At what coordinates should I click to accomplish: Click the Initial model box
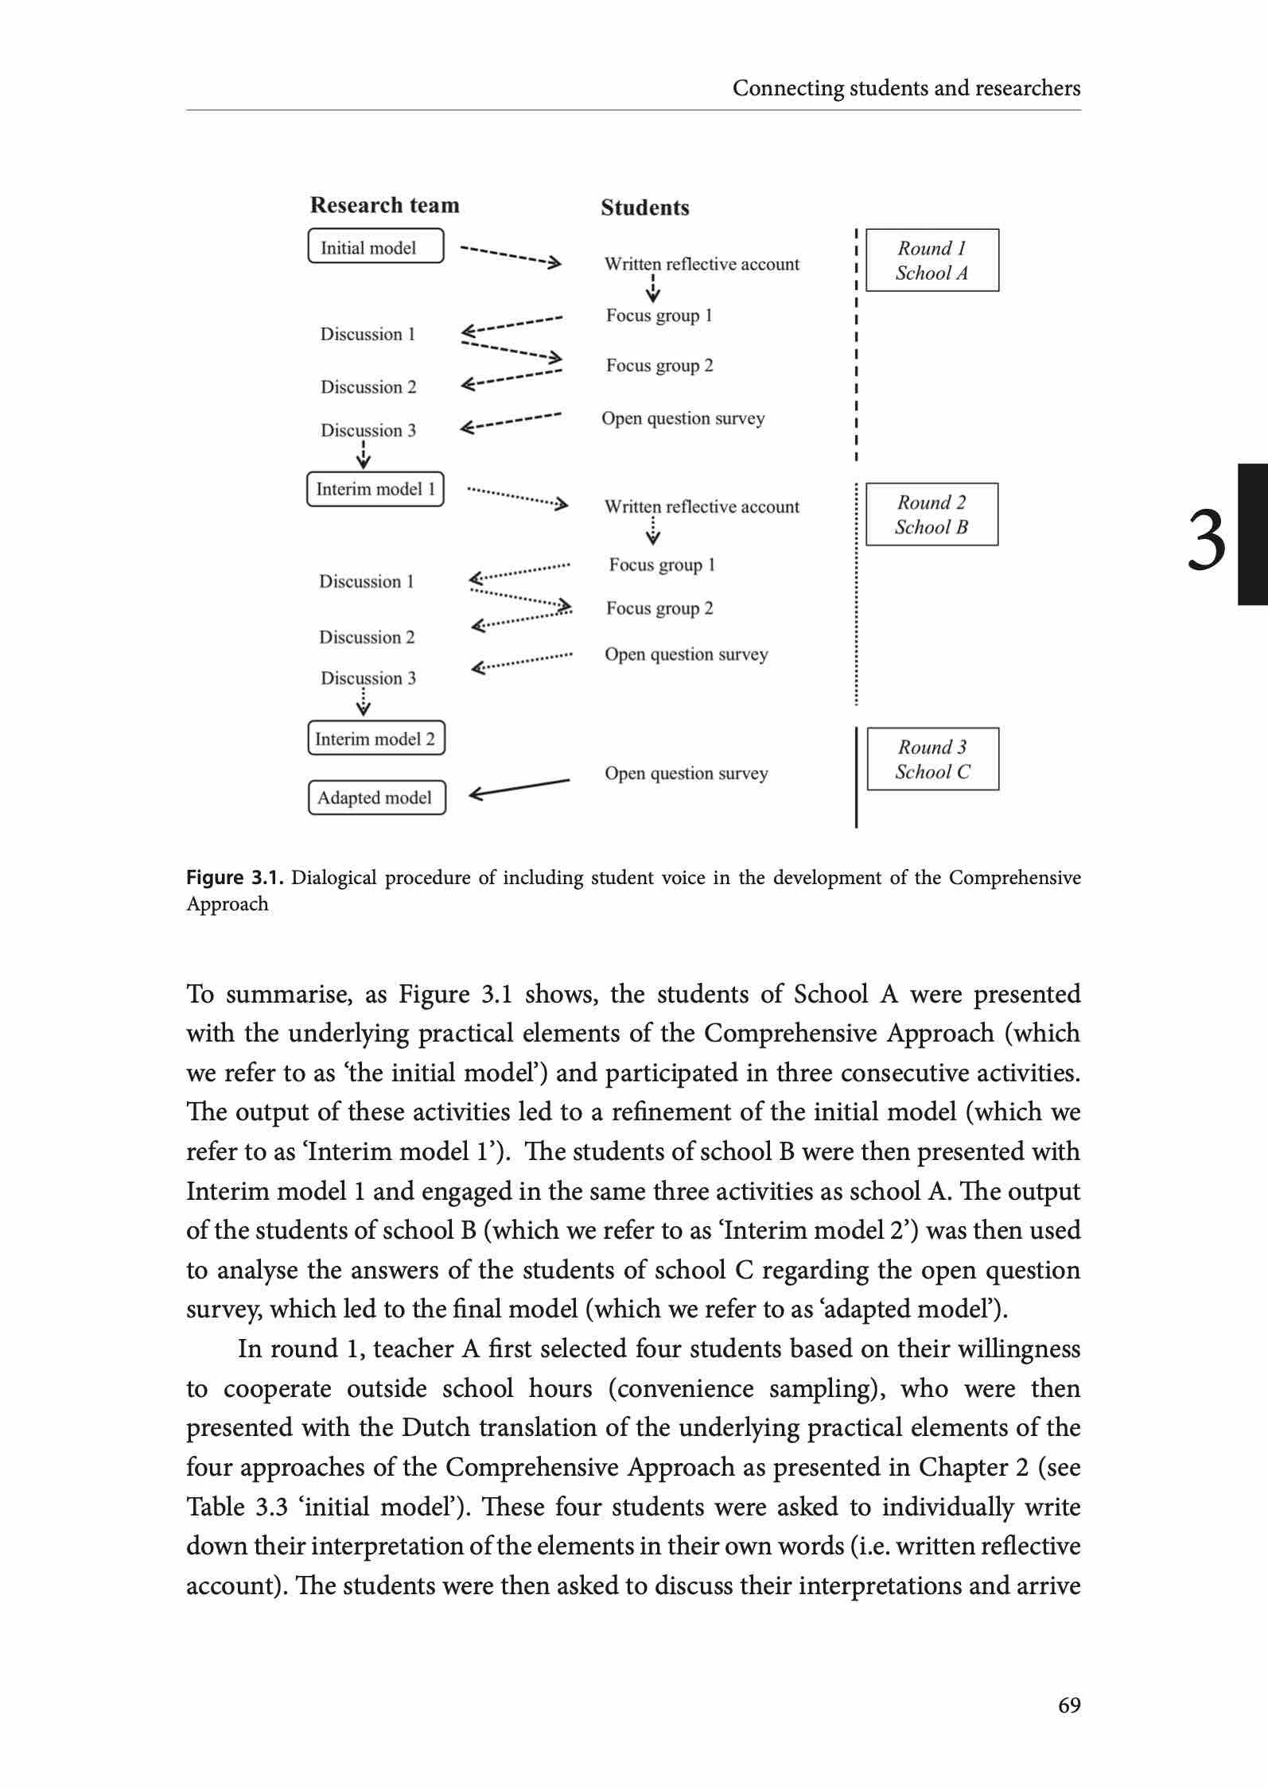tap(375, 246)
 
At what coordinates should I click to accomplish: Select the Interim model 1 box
tap(375, 488)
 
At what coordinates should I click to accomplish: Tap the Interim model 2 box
tap(376, 738)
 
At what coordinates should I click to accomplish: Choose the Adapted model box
tap(376, 797)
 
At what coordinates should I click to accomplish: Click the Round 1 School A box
tap(932, 261)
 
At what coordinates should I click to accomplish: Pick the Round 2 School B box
tap(932, 514)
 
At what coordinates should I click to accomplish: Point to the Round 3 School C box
tap(932, 759)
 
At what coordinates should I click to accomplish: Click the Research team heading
tap(384, 205)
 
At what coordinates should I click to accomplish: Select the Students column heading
tap(644, 208)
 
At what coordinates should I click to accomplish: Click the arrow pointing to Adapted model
tap(519, 788)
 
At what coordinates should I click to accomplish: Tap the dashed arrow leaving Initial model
tap(511, 255)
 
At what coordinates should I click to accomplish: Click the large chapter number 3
tap(1206, 540)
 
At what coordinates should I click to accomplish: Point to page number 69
tap(1069, 1705)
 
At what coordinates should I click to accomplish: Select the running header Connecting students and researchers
tap(906, 87)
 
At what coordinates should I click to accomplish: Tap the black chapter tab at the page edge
tap(1253, 535)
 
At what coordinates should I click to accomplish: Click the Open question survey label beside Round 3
tap(686, 773)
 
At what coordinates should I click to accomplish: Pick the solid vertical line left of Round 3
tap(857, 778)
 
